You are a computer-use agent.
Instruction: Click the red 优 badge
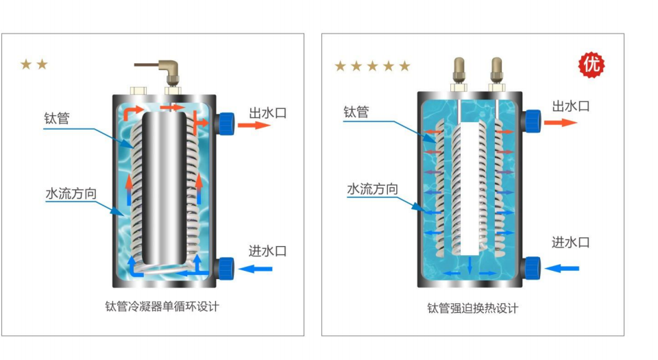click(592, 64)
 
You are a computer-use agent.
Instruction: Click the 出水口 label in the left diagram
click(268, 113)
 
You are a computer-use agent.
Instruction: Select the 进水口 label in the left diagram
click(267, 251)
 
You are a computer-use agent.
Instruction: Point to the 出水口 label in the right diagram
click(571, 106)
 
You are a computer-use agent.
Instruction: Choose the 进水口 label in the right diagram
click(570, 242)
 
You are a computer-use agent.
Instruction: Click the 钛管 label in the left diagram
click(57, 118)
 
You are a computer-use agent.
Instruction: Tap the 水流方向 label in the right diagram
click(372, 189)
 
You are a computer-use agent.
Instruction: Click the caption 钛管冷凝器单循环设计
click(162, 307)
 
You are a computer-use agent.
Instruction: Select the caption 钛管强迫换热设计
click(472, 308)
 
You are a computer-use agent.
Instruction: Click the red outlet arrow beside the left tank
click(254, 125)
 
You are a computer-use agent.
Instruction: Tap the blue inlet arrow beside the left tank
click(256, 269)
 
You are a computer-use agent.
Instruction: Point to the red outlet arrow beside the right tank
click(561, 123)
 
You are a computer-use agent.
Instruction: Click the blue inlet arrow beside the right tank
click(562, 268)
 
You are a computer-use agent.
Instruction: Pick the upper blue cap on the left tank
click(226, 123)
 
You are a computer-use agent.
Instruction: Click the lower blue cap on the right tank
click(533, 268)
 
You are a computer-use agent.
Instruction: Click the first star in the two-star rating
click(26, 64)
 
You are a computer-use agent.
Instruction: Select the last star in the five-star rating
click(404, 66)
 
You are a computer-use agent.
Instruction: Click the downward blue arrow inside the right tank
click(470, 264)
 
